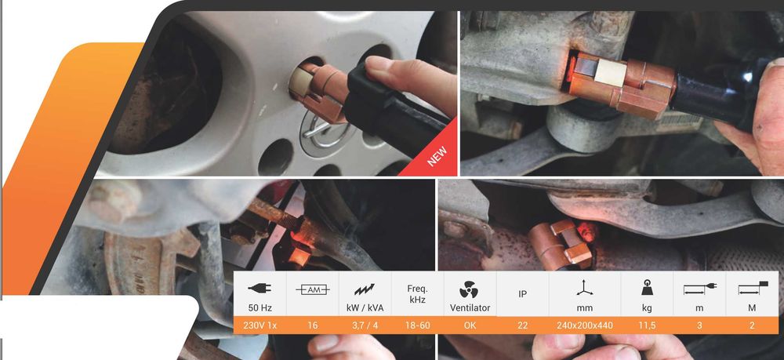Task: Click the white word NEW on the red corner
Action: click(x=437, y=156)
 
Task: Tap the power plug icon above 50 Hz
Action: click(x=260, y=288)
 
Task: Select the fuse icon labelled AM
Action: click(x=313, y=289)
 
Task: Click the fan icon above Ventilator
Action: click(x=469, y=289)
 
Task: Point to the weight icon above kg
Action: click(x=647, y=288)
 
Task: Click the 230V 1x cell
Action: click(x=260, y=325)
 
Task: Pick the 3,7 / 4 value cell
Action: click(x=365, y=325)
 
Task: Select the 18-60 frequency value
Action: click(x=418, y=325)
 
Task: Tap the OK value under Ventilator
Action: click(x=470, y=325)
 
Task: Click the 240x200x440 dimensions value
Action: click(x=585, y=325)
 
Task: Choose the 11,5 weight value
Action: click(x=647, y=325)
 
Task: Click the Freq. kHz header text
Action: click(x=418, y=294)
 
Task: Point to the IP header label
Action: click(x=522, y=294)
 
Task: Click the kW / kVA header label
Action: click(x=365, y=308)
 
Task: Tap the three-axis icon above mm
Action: click(x=585, y=288)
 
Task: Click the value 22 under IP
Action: click(x=522, y=325)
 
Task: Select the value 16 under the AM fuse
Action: click(x=313, y=325)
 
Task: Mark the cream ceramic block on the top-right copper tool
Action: click(x=610, y=73)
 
